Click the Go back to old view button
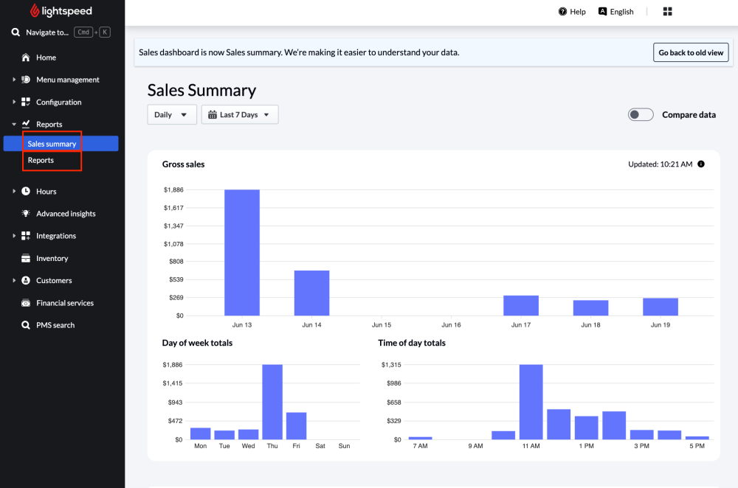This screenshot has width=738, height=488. point(692,52)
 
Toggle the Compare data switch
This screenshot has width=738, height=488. point(641,114)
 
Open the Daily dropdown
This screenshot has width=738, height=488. point(172,114)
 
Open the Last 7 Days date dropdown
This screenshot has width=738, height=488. point(240,114)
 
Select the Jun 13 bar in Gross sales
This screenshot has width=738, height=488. point(242,252)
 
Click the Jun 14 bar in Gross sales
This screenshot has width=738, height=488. point(311,293)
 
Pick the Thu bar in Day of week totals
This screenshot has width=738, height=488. point(272,402)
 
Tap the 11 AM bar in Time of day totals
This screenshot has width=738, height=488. point(531,402)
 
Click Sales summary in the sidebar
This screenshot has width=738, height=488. point(52,144)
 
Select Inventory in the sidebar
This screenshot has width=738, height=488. point(52,258)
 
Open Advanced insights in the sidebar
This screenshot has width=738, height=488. point(66,214)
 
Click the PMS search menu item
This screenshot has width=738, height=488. point(55,325)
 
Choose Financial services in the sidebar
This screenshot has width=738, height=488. point(65,303)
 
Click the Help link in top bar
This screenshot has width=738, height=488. point(572,12)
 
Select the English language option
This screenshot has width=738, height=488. point(616,12)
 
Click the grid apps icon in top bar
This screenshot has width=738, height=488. point(668,12)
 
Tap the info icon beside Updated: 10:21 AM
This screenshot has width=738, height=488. point(701,164)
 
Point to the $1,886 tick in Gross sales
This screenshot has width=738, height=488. point(173,190)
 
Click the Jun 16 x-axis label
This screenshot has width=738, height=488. point(451,325)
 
